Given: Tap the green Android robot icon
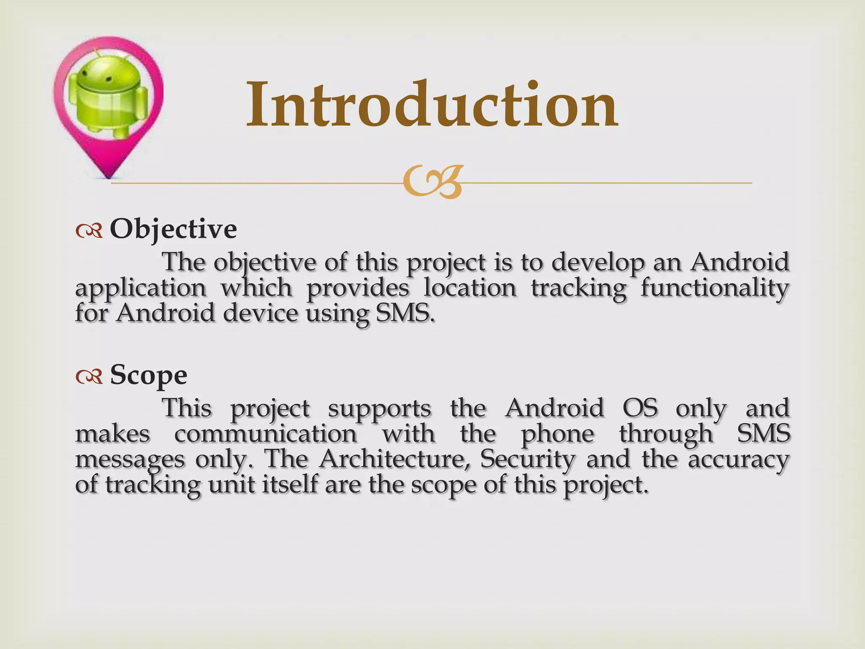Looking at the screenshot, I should (x=108, y=95).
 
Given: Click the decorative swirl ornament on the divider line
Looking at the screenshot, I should (x=432, y=183).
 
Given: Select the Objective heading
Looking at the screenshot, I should (x=173, y=229).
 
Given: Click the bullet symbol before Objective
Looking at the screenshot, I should (x=89, y=231).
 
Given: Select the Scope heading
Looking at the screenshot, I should (x=148, y=375).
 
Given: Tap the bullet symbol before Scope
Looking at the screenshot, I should (x=89, y=376).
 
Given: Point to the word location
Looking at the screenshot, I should (x=470, y=288).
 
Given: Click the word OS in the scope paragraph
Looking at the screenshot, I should (x=640, y=408).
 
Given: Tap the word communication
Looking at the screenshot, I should (x=266, y=434).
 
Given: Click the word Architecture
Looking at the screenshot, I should (x=392, y=459).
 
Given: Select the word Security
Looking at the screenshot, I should (x=528, y=459).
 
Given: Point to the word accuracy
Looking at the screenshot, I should (x=739, y=459).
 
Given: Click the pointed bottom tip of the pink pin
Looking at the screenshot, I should (x=109, y=175).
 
